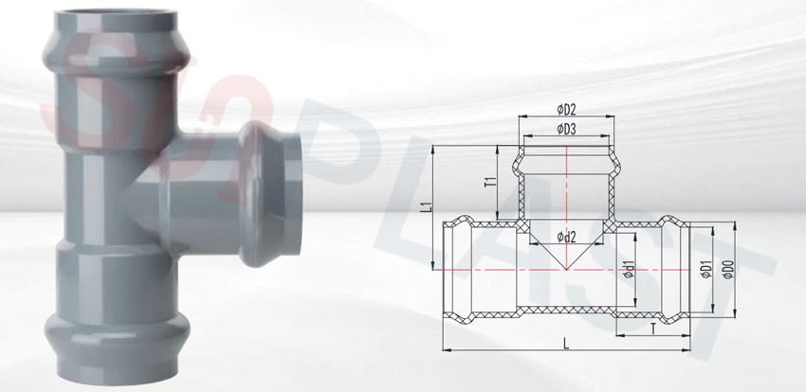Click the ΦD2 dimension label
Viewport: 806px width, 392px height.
point(566,109)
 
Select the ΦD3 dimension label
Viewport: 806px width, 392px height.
point(566,130)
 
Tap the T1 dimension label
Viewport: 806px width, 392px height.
point(491,182)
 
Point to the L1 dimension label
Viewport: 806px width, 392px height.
point(426,206)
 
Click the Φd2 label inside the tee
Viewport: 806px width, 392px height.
point(566,237)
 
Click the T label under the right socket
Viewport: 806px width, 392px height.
point(652,329)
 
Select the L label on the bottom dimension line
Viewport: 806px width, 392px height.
point(566,344)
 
